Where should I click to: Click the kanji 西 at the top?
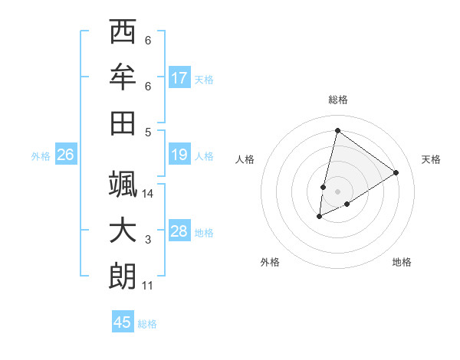tap(123, 32)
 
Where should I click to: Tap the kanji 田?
tap(123, 122)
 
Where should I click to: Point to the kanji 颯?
tap(123, 185)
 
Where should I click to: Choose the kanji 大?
tap(123, 231)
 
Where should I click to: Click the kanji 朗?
tap(123, 276)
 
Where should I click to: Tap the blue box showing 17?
tap(179, 77)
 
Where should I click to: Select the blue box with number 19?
tap(179, 155)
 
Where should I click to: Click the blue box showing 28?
tap(179, 231)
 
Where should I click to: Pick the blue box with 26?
tap(65, 155)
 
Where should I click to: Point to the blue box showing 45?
tap(123, 322)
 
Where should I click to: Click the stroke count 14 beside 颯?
tap(148, 194)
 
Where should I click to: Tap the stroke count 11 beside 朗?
tap(148, 286)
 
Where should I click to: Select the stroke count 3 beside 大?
tap(148, 240)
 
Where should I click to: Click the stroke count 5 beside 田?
tap(148, 131)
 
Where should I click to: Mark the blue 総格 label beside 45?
tap(147, 324)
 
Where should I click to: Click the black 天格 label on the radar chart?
tap(431, 159)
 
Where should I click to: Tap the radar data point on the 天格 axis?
tap(396, 172)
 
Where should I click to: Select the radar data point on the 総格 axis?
tap(337, 130)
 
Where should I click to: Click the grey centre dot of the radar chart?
tap(337, 191)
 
